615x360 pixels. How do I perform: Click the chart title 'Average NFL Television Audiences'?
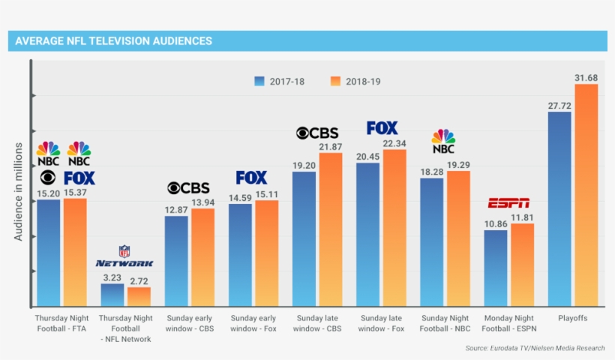pos(113,40)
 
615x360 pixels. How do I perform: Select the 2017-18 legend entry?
pos(277,81)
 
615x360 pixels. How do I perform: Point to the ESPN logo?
pos(508,203)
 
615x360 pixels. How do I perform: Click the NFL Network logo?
pos(124,256)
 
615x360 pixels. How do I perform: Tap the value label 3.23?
pos(112,277)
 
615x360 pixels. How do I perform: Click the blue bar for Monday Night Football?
pos(496,268)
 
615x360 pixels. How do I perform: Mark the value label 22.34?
pos(394,143)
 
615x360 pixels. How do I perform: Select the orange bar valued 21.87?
pos(330,229)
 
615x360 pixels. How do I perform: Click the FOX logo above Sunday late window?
pos(382,128)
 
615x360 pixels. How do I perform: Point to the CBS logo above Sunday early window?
pos(188,188)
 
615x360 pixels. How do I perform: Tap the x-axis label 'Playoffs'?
pos(572,319)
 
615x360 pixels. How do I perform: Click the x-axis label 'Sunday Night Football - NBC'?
pos(445,323)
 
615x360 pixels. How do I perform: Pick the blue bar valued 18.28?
pos(432,241)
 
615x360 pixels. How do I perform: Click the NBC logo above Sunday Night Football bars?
pos(443,141)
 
